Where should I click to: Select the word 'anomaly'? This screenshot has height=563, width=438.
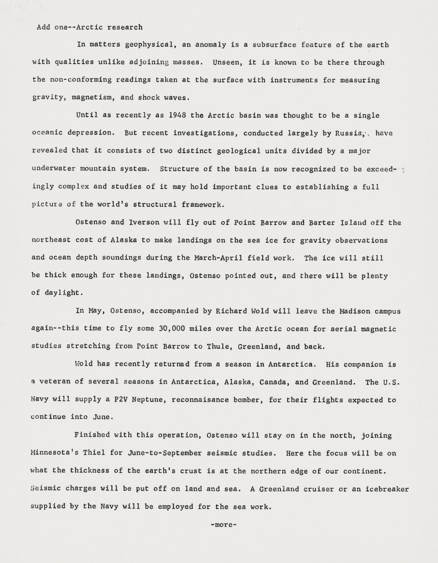coord(210,45)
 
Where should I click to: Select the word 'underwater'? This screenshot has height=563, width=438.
coord(54,169)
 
